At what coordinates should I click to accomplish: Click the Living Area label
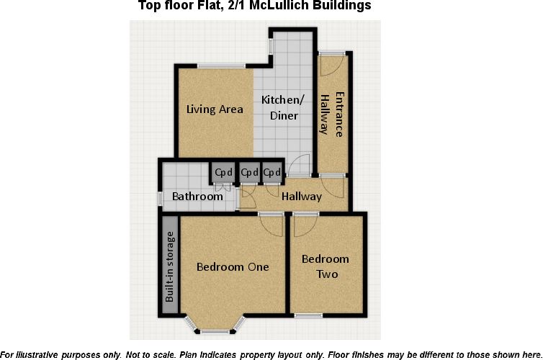[x=215, y=109]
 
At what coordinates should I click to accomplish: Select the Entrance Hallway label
[x=332, y=114]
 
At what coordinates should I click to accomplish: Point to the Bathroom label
[x=197, y=197]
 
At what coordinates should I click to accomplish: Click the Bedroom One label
[x=233, y=266]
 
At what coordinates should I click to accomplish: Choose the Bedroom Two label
[x=325, y=266]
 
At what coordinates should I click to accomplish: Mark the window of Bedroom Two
[x=308, y=315]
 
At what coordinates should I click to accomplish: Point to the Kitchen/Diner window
[x=271, y=45]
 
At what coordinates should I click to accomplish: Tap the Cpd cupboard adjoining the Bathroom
[x=223, y=173]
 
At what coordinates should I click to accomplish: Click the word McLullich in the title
[x=284, y=6]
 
